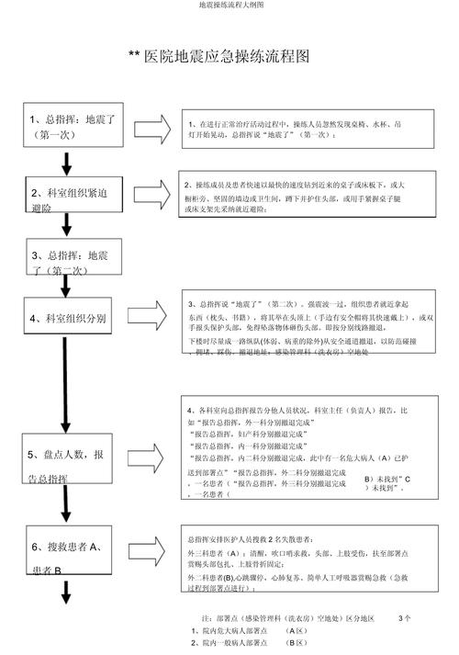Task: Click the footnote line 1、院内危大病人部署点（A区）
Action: point(249,631)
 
